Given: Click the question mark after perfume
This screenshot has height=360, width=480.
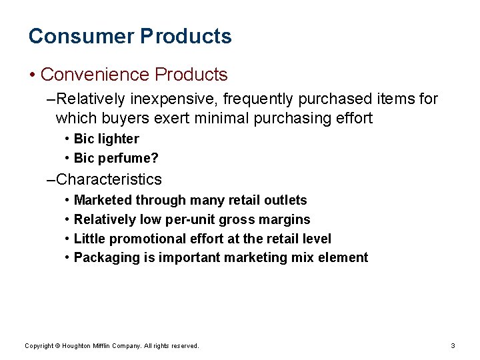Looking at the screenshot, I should click(x=155, y=159).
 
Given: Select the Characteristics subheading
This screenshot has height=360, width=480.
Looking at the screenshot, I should click(x=109, y=179).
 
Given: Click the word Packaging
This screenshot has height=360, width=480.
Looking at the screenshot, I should click(x=107, y=258).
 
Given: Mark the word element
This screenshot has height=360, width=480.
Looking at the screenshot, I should click(x=345, y=257).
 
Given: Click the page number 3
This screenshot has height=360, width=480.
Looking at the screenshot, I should click(x=453, y=345).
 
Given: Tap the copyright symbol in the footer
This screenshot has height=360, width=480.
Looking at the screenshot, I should click(x=58, y=345).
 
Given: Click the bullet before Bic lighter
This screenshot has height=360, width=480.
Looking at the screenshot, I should click(x=69, y=139).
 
